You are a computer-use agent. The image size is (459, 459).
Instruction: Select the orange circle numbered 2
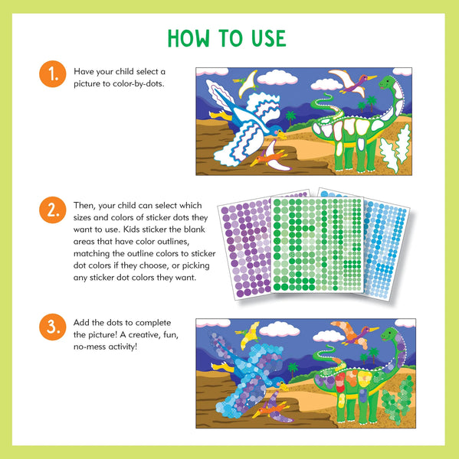(x=51, y=210)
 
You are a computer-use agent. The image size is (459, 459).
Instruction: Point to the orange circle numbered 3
(x=51, y=328)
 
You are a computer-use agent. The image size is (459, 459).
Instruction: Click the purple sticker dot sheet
(x=244, y=237)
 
